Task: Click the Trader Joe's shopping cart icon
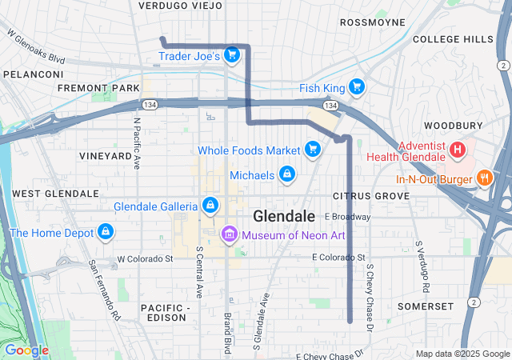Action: click(231, 55)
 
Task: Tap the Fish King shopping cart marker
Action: click(356, 87)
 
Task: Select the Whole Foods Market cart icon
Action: click(312, 150)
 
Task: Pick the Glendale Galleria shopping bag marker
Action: click(210, 206)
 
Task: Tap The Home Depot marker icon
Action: click(105, 233)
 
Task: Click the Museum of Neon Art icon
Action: click(229, 234)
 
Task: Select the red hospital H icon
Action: click(457, 149)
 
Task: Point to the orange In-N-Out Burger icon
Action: click(483, 178)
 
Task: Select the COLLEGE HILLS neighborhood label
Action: click(453, 39)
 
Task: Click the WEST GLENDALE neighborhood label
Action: click(55, 194)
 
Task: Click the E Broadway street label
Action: click(348, 217)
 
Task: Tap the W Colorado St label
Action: click(145, 259)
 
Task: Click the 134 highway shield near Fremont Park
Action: click(149, 105)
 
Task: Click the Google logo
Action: click(26, 350)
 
